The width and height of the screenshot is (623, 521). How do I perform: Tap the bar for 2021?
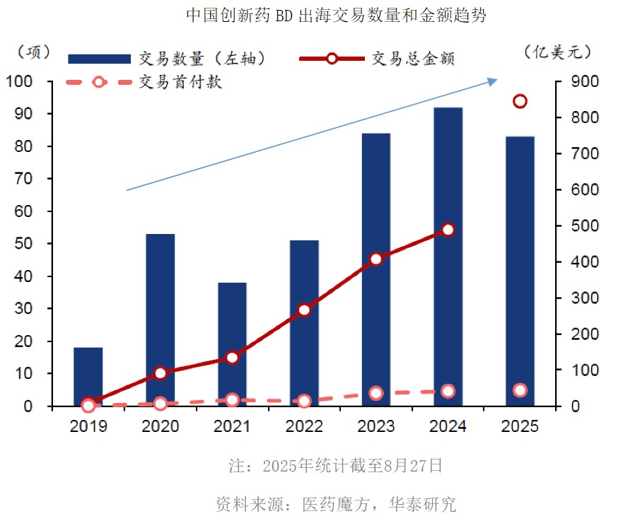pyautogui.click(x=232, y=344)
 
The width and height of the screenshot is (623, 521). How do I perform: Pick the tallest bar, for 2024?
pyautogui.click(x=448, y=256)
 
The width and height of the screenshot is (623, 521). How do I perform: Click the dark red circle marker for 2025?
pyautogui.click(x=520, y=101)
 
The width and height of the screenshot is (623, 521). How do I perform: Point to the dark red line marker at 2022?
pyautogui.click(x=304, y=310)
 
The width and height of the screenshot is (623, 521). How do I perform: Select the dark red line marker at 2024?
pyautogui.click(x=448, y=230)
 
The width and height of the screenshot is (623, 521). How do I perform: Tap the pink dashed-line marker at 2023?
pyautogui.click(x=376, y=393)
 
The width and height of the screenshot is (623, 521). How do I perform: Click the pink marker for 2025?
pyautogui.click(x=520, y=390)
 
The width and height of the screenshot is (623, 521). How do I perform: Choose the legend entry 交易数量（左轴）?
pyautogui.click(x=170, y=59)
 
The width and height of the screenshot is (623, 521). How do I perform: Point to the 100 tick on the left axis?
pyautogui.click(x=19, y=82)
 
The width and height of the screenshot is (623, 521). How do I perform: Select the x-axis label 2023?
pyautogui.click(x=376, y=426)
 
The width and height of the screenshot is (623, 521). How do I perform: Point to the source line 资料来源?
pyautogui.click(x=336, y=503)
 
